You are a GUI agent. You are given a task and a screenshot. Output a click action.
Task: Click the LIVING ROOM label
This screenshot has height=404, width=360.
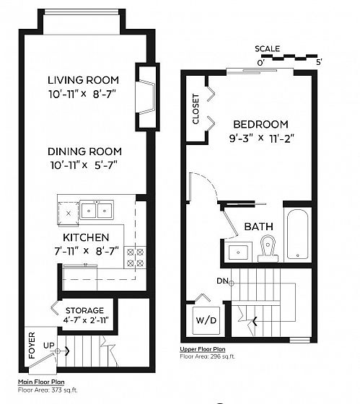[83, 80]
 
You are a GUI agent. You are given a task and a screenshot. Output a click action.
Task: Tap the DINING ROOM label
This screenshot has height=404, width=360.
[85, 151]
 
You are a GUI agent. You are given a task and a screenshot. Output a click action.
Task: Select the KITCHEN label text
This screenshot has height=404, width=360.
[86, 237]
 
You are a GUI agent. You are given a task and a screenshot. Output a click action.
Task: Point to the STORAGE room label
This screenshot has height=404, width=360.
[85, 310]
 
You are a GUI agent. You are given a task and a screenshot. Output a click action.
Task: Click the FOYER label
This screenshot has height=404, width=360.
[32, 346]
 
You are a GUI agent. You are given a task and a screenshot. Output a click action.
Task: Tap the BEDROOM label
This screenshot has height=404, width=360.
[260, 124]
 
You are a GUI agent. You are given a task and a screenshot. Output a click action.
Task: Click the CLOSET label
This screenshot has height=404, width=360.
[196, 109]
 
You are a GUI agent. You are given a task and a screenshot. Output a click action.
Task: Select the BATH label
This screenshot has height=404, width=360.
[259, 227]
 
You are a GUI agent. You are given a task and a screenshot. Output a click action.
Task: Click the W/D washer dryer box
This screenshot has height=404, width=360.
[206, 320]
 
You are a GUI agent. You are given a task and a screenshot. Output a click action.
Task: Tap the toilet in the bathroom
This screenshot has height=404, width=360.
[268, 248]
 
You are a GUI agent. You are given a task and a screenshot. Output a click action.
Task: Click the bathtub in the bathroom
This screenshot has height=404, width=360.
[297, 234]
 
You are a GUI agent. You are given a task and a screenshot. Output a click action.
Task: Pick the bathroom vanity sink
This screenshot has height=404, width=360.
[238, 252]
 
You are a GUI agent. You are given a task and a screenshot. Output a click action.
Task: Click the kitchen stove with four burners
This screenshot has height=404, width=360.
[135, 258]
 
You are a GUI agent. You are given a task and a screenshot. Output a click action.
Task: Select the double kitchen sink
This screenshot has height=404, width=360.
[97, 210]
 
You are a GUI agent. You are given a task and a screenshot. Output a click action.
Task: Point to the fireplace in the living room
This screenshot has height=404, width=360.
[145, 97]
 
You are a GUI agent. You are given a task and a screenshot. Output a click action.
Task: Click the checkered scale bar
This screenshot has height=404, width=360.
[289, 57]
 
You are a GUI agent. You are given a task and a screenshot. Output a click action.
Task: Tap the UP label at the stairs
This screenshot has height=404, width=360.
[49, 346]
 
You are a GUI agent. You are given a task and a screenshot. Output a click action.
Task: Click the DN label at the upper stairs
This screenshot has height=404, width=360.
[222, 281]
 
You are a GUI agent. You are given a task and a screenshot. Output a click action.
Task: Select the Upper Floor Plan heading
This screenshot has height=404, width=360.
[203, 349]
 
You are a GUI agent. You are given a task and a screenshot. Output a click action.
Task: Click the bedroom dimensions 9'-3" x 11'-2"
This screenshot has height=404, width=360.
[262, 139]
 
